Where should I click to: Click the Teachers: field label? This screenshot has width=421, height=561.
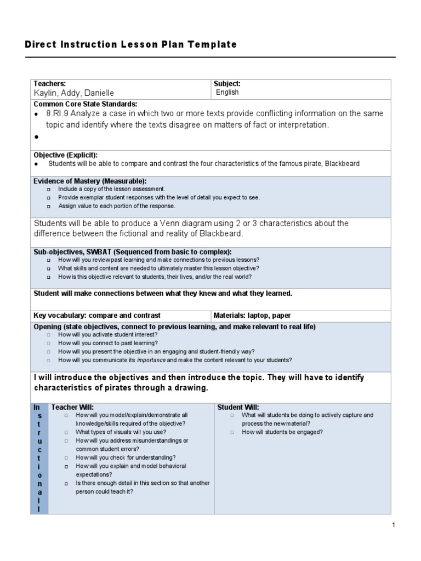50,84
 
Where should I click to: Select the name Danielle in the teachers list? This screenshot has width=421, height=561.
98,93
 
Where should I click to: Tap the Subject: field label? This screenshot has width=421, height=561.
227,84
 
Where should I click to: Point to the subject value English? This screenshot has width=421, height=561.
227,93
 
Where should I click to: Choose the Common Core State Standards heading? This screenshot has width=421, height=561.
86,104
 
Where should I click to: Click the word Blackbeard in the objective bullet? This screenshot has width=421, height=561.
340,164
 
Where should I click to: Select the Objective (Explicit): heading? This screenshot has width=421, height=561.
66,155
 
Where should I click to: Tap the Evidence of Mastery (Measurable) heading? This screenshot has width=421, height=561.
90,181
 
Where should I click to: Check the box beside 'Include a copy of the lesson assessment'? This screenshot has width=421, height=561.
49,189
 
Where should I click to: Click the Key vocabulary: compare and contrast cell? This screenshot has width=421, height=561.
97,316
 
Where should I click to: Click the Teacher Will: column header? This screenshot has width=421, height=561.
72,407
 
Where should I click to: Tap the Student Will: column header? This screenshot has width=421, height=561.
238,407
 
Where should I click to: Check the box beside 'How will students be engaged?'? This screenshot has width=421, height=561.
232,432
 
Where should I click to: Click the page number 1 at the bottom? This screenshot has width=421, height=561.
393,525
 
